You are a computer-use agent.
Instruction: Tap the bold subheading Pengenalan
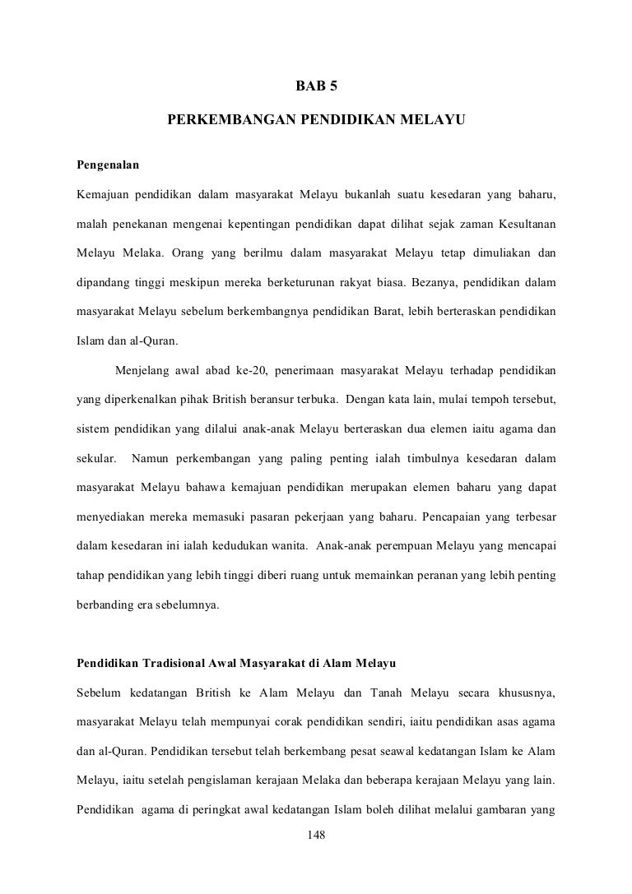coord(108,164)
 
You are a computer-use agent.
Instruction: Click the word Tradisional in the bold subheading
coord(174,663)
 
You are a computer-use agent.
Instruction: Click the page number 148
coord(316,836)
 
